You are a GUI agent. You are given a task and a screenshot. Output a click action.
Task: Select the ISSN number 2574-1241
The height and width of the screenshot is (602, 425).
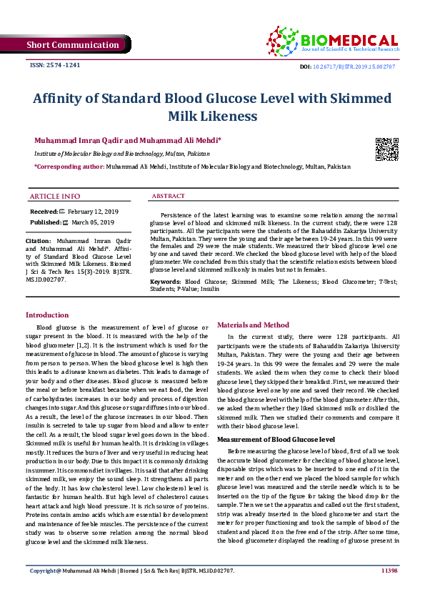coord(54,65)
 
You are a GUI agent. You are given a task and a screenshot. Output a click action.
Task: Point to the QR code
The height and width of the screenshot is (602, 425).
coord(386,149)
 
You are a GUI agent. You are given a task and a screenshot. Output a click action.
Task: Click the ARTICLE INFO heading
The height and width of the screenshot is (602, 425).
coord(55,196)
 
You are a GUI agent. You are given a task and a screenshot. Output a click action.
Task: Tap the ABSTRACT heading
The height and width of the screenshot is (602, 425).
coord(169,196)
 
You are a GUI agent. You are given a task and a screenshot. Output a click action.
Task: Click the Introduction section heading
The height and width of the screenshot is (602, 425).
coord(47,315)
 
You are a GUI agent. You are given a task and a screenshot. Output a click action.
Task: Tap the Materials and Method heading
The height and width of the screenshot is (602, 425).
coord(253,325)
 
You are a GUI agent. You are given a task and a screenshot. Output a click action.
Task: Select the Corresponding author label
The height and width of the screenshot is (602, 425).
coord(69,166)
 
